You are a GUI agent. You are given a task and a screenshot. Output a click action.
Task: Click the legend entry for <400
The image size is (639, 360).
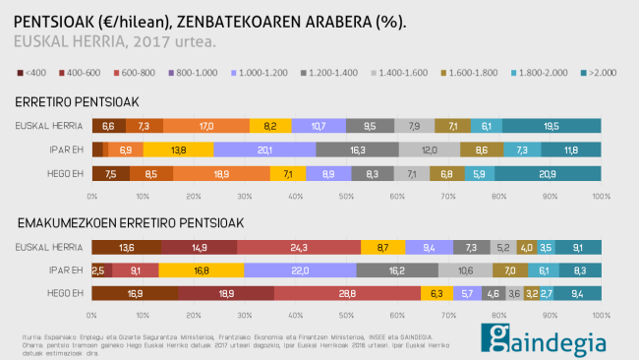click(32, 73)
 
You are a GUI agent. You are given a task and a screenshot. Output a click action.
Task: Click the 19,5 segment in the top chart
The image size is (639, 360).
click(552, 126)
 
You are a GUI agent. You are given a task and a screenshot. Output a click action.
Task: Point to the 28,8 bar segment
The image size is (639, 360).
click(347, 292)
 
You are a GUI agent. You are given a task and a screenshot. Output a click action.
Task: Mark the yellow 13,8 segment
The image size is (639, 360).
click(179, 150)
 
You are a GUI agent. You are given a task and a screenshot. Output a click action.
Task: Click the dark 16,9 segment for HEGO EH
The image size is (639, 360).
click(135, 292)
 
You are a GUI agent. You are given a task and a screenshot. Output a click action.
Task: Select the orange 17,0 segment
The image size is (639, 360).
click(206, 126)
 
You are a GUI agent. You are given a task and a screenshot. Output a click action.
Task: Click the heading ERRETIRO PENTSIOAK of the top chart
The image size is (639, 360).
click(77, 102)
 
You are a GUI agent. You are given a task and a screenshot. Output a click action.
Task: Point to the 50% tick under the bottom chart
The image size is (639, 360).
click(347, 315)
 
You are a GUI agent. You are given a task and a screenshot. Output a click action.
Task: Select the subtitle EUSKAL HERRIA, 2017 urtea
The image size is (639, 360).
click(116, 41)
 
